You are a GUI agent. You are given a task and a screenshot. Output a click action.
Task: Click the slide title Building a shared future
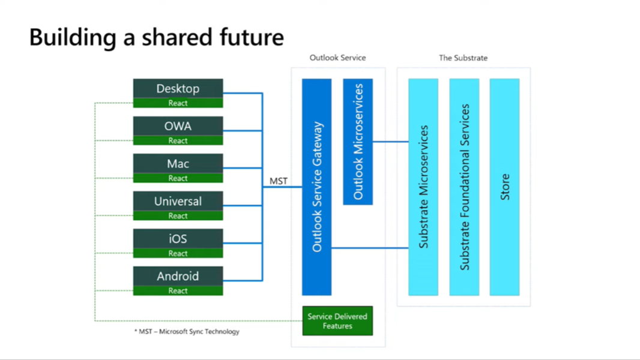[156, 37]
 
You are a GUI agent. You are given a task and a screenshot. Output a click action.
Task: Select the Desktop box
[178, 88]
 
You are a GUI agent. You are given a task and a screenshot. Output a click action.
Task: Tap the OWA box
[178, 126]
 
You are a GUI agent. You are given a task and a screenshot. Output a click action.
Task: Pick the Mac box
[178, 163]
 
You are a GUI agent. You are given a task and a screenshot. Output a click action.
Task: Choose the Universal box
[178, 201]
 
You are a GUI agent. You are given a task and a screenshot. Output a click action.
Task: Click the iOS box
[178, 239]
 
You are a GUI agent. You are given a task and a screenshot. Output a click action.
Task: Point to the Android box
[178, 276]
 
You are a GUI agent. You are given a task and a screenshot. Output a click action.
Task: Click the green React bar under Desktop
[178, 103]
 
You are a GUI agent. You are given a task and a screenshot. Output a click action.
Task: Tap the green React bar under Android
[178, 291]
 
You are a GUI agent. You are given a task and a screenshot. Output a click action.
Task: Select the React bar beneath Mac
[178, 178]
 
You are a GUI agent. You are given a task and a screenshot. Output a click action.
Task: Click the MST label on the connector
[278, 181]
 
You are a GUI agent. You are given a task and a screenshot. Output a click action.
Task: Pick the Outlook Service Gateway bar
[317, 187]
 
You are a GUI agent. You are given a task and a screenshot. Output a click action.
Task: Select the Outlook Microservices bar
[358, 142]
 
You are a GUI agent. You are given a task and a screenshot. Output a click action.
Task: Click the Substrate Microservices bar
[423, 187]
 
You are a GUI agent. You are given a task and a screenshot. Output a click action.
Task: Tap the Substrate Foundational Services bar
[464, 187]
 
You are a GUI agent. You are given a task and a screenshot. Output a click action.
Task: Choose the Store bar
[504, 187]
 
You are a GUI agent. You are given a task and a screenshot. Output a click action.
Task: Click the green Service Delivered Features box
[337, 321]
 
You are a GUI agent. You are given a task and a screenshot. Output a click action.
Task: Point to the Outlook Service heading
[337, 58]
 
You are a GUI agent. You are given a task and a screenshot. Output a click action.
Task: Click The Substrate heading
[463, 58]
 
